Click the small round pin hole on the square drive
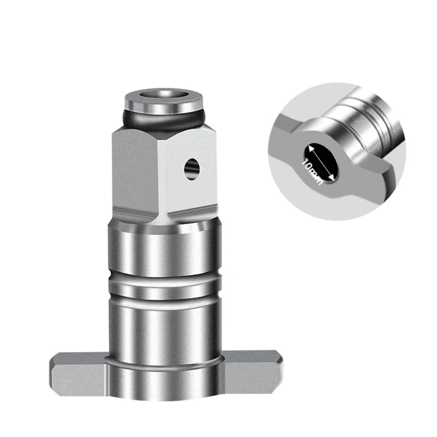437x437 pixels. tap(192, 169)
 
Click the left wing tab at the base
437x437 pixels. tap(78, 373)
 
